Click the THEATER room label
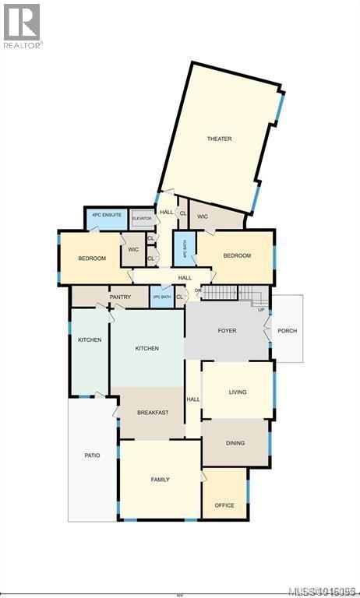point(219,139)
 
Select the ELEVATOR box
point(142,219)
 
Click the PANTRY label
point(120,297)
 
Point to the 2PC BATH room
point(161,297)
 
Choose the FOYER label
point(227,331)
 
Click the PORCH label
point(287,331)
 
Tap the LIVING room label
point(238,392)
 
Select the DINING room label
point(235,443)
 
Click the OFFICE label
point(224,505)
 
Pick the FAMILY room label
point(160,480)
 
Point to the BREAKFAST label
point(153,412)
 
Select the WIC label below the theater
point(203,216)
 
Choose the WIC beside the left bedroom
point(133,250)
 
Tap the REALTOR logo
point(22,25)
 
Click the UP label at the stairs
point(261,309)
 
